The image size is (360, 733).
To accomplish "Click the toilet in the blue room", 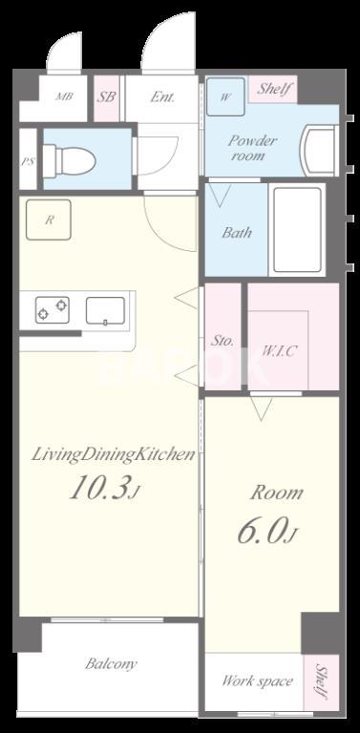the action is click(69, 160).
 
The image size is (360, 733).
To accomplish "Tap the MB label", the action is click(64, 97).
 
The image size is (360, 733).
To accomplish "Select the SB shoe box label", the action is click(107, 97).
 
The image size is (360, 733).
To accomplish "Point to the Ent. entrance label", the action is click(162, 97).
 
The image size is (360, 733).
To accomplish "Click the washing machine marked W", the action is click(225, 96).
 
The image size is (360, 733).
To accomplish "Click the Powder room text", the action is click(252, 148).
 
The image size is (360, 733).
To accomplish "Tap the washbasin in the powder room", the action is click(320, 151).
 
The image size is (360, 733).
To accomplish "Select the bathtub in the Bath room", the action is click(297, 229).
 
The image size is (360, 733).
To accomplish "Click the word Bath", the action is click(237, 232).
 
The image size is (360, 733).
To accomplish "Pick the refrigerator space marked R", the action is click(49, 220).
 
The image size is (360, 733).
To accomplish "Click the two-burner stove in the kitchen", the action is click(52, 310).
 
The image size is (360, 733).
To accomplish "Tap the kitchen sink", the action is click(105, 310).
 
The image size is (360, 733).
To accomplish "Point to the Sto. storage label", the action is click(222, 341).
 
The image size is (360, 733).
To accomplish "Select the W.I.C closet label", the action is click(278, 350).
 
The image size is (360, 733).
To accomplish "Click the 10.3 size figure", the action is click(104, 488).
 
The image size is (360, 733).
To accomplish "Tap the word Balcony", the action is click(112, 664).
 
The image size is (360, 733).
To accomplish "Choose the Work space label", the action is click(258, 681).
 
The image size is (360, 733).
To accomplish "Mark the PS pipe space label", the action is click(27, 160).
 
